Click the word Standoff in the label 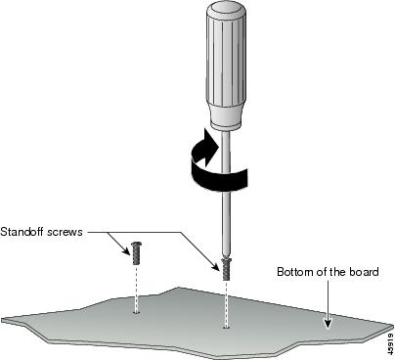pyautogui.click(x=22, y=232)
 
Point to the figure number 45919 pyautogui.click(x=390, y=343)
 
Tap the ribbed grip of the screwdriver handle pyautogui.click(x=226, y=62)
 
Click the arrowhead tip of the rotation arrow pyautogui.click(x=218, y=145)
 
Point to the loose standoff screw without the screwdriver pyautogui.click(x=136, y=253)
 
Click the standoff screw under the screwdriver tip pyautogui.click(x=226, y=269)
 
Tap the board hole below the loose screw pyautogui.click(x=136, y=312)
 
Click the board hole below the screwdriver pyautogui.click(x=226, y=327)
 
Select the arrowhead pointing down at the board pyautogui.click(x=328, y=323)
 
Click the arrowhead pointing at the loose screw pyautogui.click(x=125, y=249)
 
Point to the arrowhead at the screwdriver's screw pyautogui.click(x=215, y=266)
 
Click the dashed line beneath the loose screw pyautogui.click(x=136, y=288)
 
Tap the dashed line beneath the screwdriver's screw pyautogui.click(x=226, y=303)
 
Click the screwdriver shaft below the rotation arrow pyautogui.click(x=226, y=223)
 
